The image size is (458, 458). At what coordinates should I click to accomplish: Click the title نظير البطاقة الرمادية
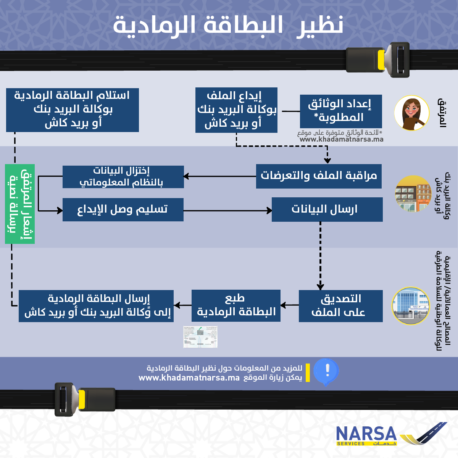click(x=228, y=25)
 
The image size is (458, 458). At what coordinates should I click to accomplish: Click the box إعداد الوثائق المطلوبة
click(x=341, y=111)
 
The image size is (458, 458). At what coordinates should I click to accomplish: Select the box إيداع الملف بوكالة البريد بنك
click(x=236, y=110)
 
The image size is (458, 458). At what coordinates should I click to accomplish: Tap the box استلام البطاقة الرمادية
click(x=73, y=110)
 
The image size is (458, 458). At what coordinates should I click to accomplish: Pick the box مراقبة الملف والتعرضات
click(x=319, y=176)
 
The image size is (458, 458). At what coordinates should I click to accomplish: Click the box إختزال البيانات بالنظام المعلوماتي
click(x=123, y=177)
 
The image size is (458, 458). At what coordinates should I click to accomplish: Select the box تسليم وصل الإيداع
click(x=123, y=210)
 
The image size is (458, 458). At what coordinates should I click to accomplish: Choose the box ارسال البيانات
click(x=327, y=210)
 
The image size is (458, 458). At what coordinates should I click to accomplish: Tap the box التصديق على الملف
click(x=340, y=306)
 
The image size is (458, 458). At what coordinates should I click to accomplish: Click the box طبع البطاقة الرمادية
click(x=236, y=305)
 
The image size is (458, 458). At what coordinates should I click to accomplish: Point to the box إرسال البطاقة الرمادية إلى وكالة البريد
click(x=96, y=306)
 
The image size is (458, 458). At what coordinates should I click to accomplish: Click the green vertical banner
click(x=20, y=204)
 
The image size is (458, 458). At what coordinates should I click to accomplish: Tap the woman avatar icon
click(x=412, y=113)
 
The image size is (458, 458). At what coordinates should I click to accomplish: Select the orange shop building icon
click(x=413, y=194)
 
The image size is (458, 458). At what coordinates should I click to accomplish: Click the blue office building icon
click(x=411, y=306)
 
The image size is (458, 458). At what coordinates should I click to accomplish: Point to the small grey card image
click(x=200, y=337)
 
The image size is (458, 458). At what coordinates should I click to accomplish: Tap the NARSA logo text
click(x=366, y=434)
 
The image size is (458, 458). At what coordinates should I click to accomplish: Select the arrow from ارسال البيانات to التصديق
click(x=320, y=256)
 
